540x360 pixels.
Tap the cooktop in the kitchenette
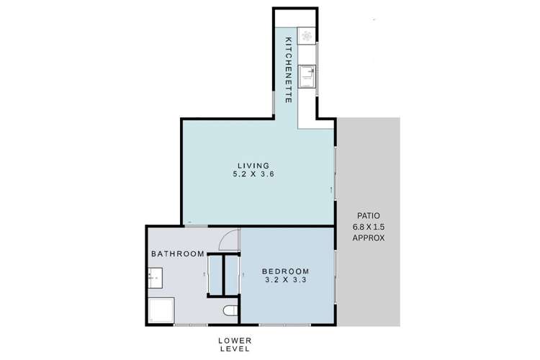[307, 36]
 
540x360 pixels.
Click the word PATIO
[368, 215]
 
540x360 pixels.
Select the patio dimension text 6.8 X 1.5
[368, 226]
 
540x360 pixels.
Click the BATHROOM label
[177, 253]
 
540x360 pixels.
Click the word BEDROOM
[286, 271]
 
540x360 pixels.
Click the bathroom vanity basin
[156, 276]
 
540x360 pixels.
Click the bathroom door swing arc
[229, 242]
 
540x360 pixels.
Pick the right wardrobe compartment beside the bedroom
[231, 275]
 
